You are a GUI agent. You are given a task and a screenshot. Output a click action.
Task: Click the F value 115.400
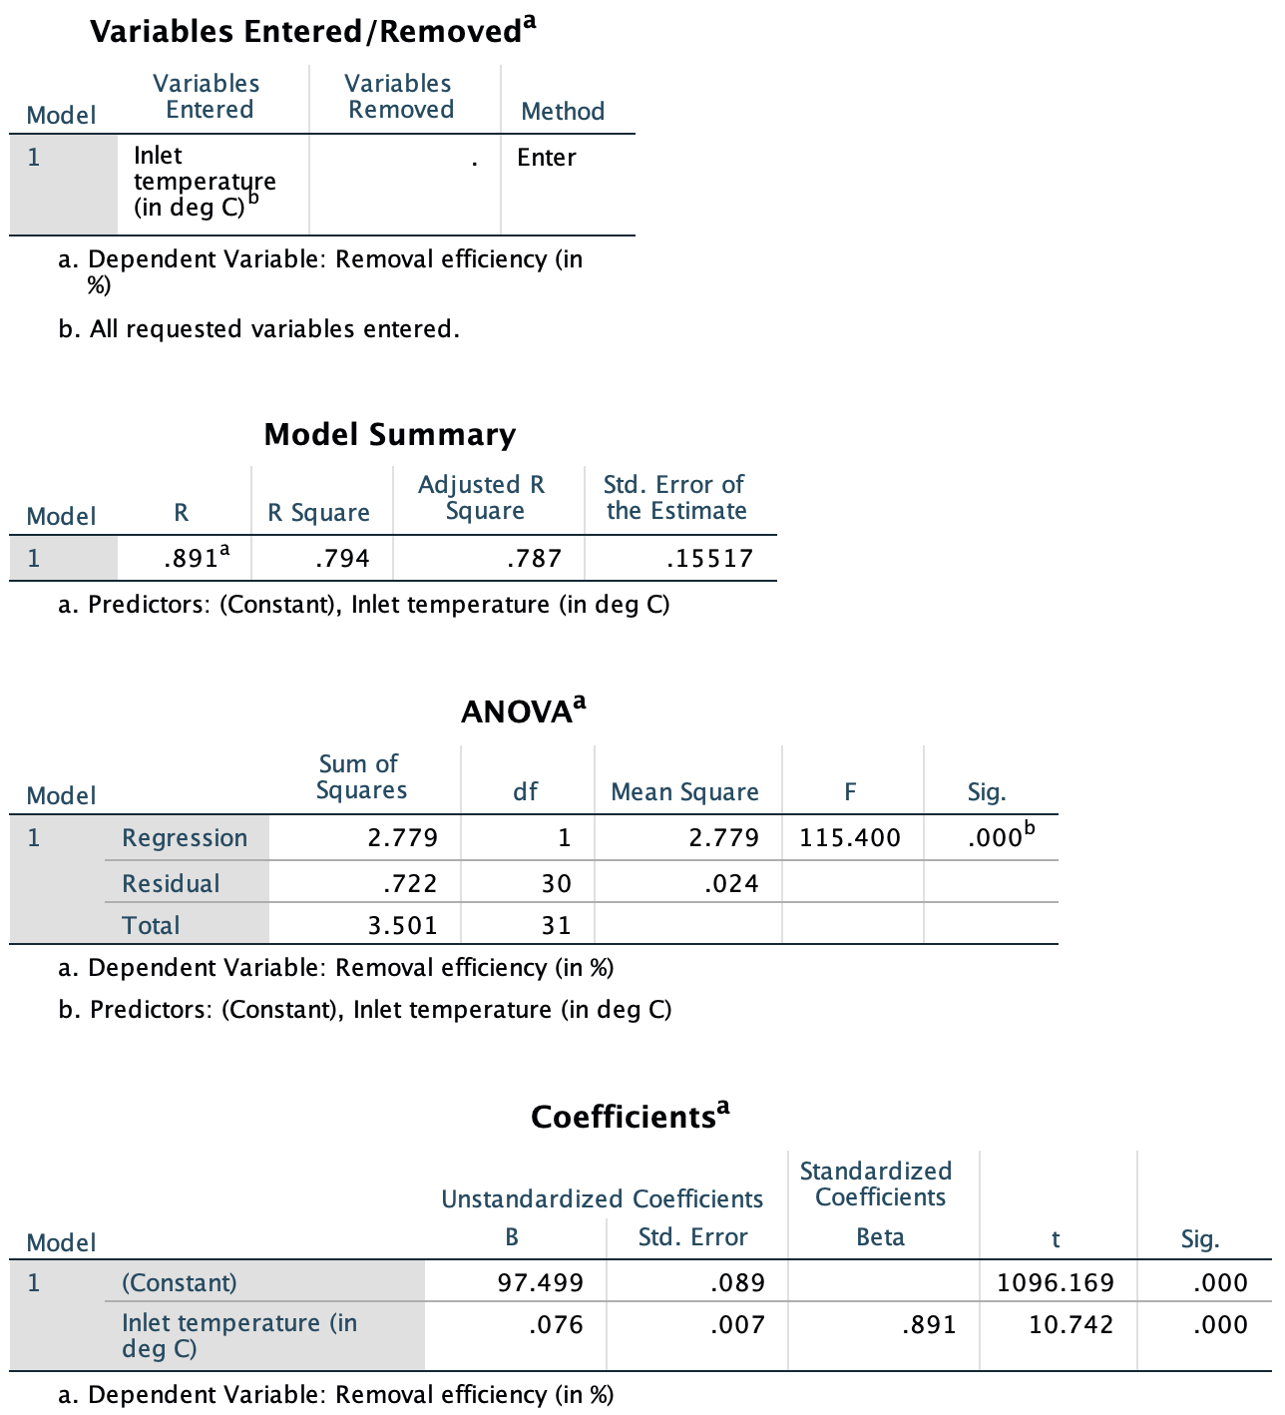(x=850, y=837)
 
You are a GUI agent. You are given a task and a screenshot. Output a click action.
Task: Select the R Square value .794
(x=342, y=559)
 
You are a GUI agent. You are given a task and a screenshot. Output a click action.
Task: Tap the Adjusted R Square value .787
(x=534, y=559)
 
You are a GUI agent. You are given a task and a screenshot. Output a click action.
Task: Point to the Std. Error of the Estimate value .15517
(x=709, y=559)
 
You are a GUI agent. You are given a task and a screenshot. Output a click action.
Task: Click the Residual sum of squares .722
(x=410, y=883)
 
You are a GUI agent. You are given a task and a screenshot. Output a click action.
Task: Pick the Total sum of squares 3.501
(x=403, y=925)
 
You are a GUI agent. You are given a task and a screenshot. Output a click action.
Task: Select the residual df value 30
(x=557, y=883)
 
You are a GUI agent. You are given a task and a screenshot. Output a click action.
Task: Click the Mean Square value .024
(x=731, y=883)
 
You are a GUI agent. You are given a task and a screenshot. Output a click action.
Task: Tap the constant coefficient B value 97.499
(x=541, y=1282)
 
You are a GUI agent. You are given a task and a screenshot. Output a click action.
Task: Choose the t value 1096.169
(x=1056, y=1282)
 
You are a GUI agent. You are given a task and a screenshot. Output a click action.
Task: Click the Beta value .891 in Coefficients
(x=929, y=1325)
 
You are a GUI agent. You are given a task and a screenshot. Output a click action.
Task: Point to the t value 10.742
(x=1071, y=1325)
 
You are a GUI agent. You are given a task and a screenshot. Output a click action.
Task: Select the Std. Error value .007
(x=738, y=1325)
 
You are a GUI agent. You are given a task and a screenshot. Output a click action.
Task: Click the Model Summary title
(x=390, y=435)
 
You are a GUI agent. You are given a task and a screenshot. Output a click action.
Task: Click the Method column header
(x=563, y=111)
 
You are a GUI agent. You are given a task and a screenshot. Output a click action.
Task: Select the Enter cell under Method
(x=547, y=158)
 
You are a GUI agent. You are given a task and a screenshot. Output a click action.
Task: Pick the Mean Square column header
(x=684, y=792)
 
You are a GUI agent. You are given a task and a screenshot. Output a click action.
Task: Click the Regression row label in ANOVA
(x=185, y=838)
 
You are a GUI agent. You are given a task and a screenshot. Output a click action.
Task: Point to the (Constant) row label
(x=180, y=1282)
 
